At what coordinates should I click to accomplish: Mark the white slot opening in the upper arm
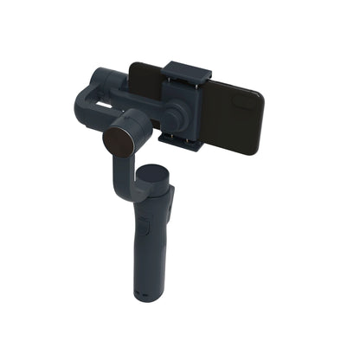pyautogui.click(x=104, y=102)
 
